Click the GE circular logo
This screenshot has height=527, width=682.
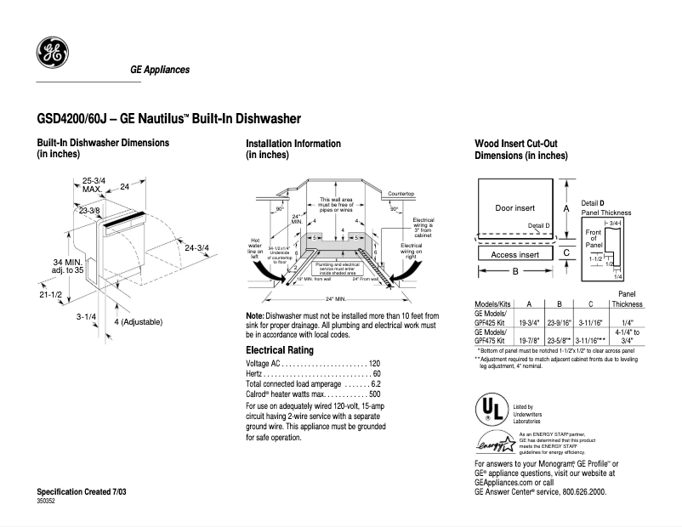tap(53, 54)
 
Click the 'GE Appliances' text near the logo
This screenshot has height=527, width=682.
tap(159, 70)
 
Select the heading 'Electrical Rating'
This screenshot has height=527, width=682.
tap(280, 350)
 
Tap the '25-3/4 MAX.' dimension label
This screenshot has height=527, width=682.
tap(94, 184)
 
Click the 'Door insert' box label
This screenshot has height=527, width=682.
tap(514, 208)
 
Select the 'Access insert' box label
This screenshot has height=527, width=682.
tap(514, 254)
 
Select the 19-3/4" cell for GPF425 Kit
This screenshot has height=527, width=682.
tap(529, 323)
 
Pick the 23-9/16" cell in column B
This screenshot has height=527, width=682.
tap(558, 323)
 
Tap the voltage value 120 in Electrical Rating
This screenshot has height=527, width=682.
tap(374, 363)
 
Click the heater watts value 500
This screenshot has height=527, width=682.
tap(374, 394)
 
